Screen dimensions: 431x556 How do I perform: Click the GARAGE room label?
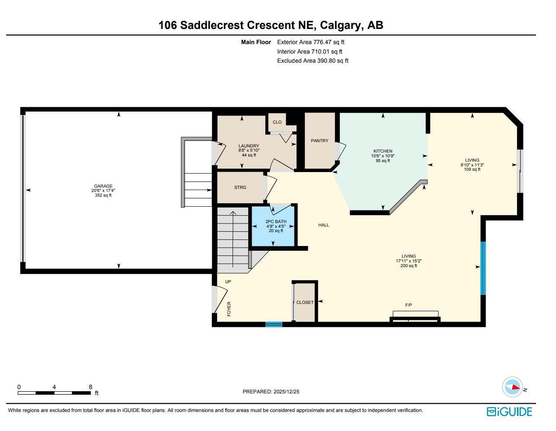click(103, 186)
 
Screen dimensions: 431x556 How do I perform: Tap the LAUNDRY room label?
click(249, 146)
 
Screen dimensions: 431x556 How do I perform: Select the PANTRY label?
click(320, 141)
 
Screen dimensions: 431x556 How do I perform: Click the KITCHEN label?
click(383, 151)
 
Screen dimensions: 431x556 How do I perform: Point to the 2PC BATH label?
click(275, 222)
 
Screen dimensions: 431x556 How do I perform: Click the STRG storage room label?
click(240, 188)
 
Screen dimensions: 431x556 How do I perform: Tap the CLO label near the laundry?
click(277, 122)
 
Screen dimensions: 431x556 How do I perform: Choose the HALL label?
click(323, 225)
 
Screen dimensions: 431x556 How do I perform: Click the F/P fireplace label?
click(409, 305)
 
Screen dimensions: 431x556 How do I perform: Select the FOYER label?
click(229, 309)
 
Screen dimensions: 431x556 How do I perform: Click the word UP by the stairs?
click(228, 282)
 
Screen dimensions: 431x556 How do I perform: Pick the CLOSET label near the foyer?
click(305, 303)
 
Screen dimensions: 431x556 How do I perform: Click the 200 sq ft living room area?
click(409, 266)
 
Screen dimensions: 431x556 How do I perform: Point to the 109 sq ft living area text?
click(472, 169)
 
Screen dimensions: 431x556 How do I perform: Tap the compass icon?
click(512, 387)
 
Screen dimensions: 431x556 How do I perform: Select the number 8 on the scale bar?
click(90, 387)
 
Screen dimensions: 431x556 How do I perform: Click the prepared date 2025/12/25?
click(286, 392)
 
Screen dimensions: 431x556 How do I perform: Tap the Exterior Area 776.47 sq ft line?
click(310, 42)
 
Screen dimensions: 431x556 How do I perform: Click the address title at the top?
click(271, 25)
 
